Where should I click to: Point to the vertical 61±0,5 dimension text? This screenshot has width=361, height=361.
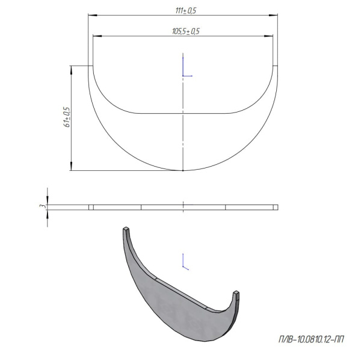tap(67, 117)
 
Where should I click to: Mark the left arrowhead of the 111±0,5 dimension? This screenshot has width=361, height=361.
tap(91, 16)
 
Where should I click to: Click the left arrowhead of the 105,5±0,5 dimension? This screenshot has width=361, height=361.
tap(95, 35)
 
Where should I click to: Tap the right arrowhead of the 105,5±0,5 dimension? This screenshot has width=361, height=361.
tap(273, 35)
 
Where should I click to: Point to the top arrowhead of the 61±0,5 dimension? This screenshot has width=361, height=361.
tap(72, 68)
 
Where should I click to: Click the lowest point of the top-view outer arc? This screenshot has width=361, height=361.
tap(183, 171)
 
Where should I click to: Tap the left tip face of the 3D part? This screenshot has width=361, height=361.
tap(126, 229)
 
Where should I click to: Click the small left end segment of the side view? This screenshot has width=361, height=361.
tap(91, 207)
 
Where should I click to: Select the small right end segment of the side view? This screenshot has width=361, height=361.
tap(275, 207)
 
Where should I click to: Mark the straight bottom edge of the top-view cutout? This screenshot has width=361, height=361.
tap(183, 113)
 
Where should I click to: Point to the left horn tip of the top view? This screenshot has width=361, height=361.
tap(91, 66)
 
